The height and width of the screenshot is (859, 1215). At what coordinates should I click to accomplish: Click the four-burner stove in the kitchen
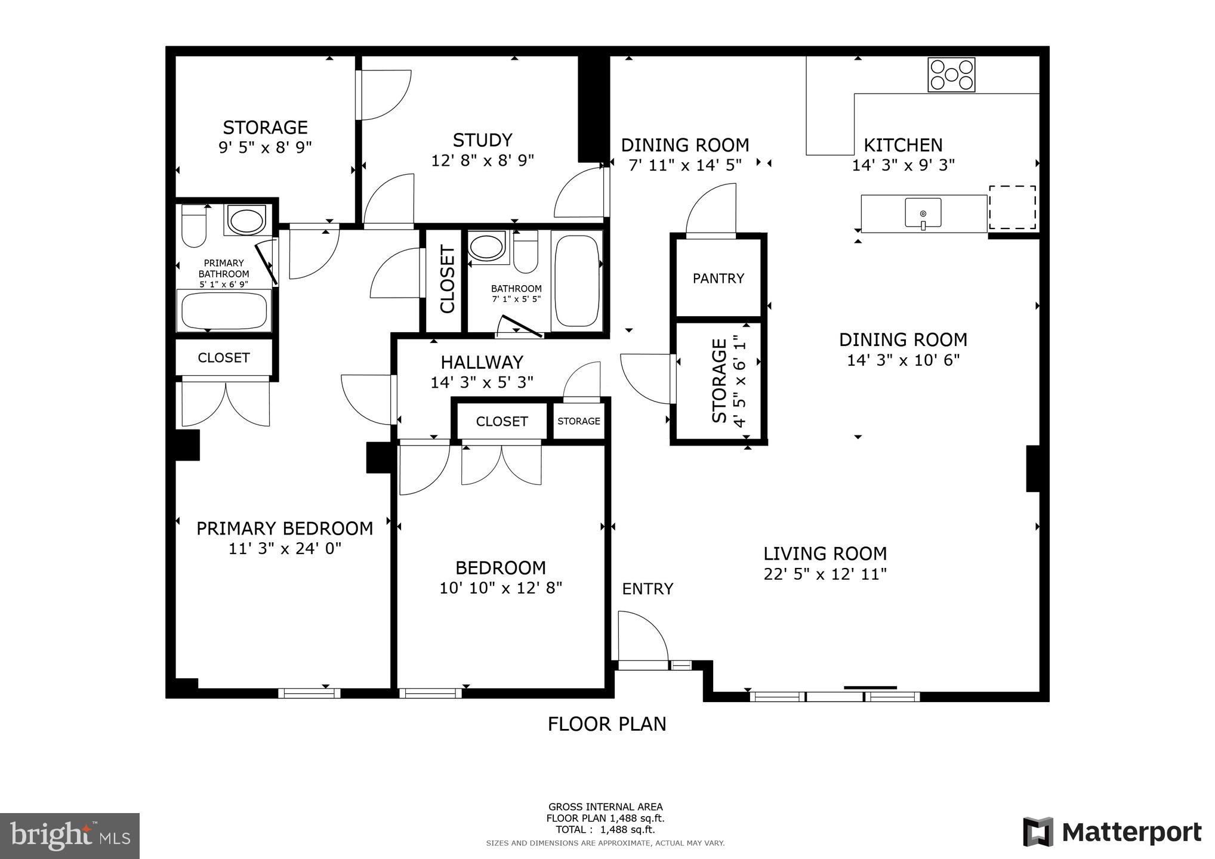click(951, 75)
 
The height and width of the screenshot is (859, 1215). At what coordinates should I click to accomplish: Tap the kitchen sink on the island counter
click(923, 213)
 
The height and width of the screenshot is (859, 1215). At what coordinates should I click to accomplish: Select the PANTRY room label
click(718, 279)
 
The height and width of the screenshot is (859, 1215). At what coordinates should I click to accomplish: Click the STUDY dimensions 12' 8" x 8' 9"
click(482, 160)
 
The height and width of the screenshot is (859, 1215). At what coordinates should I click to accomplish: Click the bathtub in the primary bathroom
click(224, 310)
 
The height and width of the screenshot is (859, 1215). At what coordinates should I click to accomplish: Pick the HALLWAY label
click(482, 362)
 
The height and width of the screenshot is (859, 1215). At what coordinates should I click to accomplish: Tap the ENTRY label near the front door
click(647, 589)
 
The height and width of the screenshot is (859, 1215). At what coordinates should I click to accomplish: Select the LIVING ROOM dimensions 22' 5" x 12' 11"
click(825, 574)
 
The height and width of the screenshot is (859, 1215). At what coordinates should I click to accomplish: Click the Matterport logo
click(1112, 832)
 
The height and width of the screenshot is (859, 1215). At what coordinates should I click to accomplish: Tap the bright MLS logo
click(70, 835)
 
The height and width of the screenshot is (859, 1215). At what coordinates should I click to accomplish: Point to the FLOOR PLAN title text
click(607, 724)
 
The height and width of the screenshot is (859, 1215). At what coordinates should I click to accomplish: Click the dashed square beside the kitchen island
click(1012, 207)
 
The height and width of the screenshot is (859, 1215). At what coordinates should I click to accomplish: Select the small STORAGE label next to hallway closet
click(578, 421)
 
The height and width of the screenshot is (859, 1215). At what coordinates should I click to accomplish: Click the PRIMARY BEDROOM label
click(285, 529)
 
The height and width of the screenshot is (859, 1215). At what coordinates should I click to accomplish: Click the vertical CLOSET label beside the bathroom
click(447, 280)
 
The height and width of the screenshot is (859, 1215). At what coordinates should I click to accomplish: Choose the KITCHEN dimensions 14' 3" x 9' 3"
click(903, 165)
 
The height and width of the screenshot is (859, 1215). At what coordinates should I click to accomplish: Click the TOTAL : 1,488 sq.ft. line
click(605, 829)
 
